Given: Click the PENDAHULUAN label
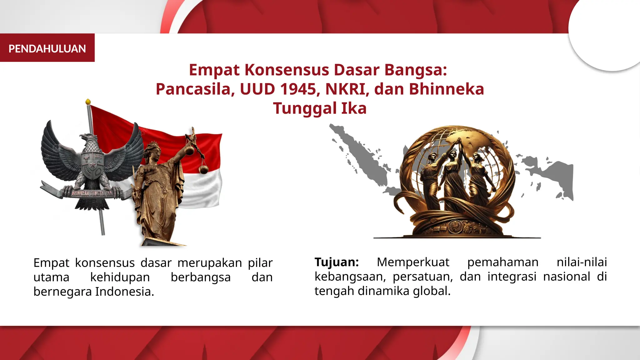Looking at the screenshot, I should click(x=47, y=49).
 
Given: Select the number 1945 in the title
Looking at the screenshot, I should click(x=298, y=89).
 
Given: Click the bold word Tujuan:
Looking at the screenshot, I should click(x=337, y=262).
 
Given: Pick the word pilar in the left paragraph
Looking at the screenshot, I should click(x=260, y=263).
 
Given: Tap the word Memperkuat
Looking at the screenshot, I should click(x=413, y=262).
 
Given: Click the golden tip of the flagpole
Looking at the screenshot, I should click(x=88, y=102).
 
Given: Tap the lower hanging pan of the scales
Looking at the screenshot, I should click(x=204, y=169).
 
